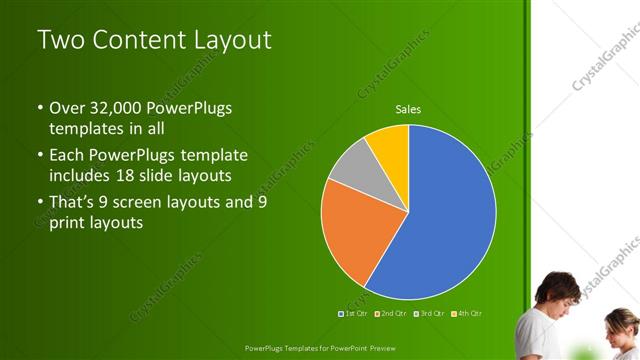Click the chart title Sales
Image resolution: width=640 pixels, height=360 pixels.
click(x=408, y=109)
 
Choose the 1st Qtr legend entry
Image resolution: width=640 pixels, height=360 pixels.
click(x=354, y=314)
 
